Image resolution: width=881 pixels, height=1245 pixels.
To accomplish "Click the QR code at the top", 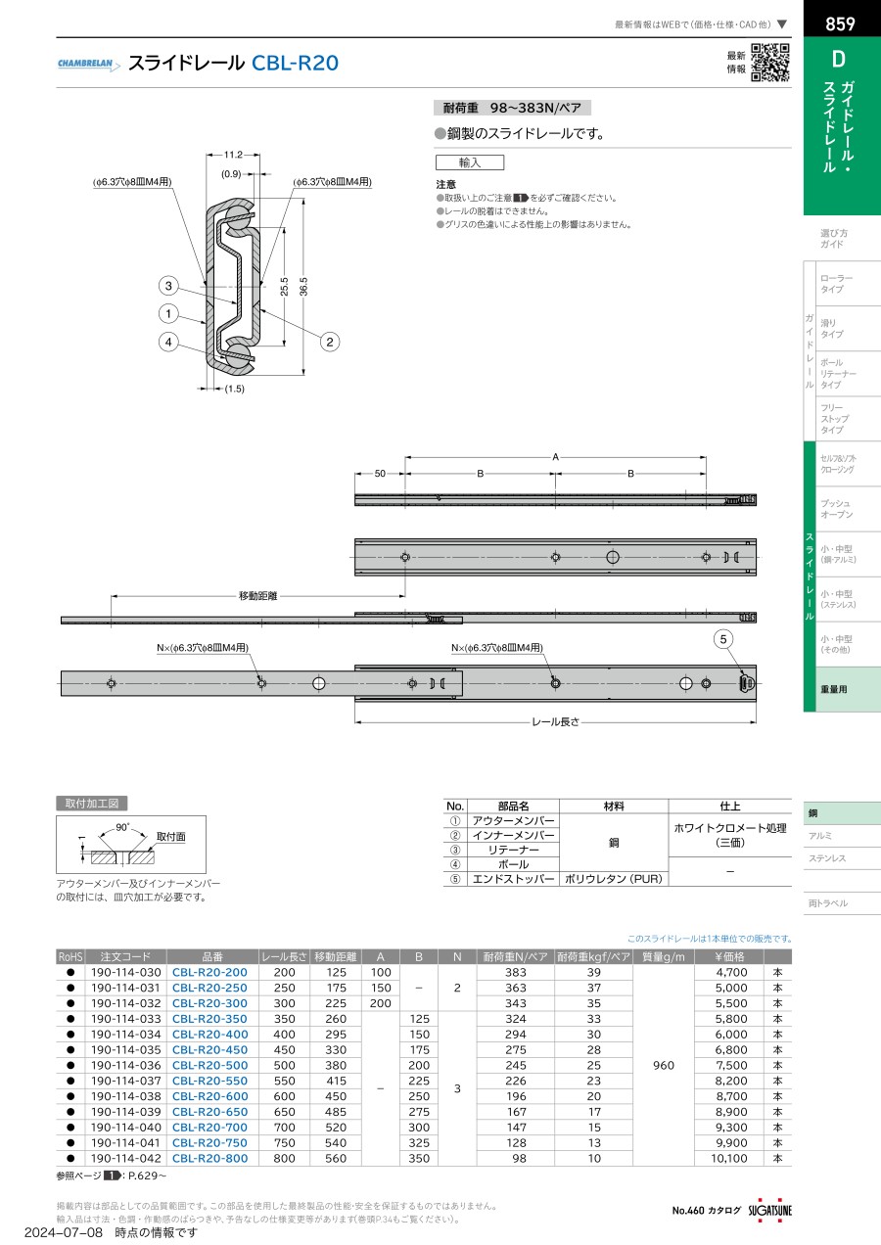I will pos(770,63).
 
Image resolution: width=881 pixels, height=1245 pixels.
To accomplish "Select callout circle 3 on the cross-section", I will pos(169,286).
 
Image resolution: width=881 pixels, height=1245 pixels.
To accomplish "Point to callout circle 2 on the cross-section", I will pos(331,342).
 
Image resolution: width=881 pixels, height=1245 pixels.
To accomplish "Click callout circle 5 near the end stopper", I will pos(723,639).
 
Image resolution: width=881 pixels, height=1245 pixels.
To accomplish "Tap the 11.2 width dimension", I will pos(233,155).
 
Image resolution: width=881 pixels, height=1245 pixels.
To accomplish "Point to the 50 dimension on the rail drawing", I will pos(380,474).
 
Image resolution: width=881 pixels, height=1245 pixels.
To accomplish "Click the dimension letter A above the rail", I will pos(555,456).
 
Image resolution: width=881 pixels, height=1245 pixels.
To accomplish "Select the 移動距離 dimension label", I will pos(257,595).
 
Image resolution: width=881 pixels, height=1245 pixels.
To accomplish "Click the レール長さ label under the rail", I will pos(555,721).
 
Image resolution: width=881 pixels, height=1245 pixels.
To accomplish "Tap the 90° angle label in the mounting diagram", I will pos(121,828).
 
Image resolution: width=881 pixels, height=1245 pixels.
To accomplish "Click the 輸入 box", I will pos(469,163).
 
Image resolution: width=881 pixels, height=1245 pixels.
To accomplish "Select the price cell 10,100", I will pos(725,1158).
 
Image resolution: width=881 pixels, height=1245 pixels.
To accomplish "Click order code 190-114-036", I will pos(125,1065).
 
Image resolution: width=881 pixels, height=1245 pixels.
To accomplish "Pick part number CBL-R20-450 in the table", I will pos(209,1049).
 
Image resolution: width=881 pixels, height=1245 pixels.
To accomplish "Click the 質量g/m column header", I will pos(663,956).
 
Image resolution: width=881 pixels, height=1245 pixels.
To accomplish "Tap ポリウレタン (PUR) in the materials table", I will pos(613,879).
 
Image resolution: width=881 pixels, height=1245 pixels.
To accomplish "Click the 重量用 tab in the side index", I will pos(834,689).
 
